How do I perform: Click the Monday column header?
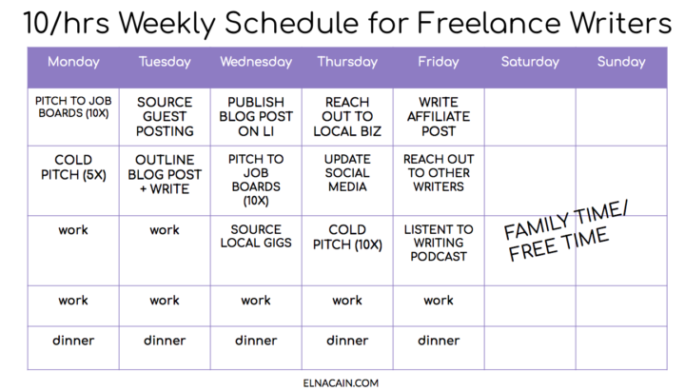point(73,62)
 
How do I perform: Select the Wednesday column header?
point(256,62)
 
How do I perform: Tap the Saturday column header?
point(530,62)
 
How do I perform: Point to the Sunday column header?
point(621,62)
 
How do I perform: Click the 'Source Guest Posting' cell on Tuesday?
point(165,117)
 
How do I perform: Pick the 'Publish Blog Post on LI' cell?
point(256,117)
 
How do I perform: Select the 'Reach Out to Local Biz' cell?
point(347,117)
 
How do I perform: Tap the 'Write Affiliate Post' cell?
point(439,117)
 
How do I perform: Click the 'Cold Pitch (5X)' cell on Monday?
point(73,167)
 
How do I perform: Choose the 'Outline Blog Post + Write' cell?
point(165,174)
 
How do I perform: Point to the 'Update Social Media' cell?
point(347,173)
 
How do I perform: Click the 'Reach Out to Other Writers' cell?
point(439,173)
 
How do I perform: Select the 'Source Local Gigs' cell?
point(256,236)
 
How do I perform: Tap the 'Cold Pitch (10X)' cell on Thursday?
point(347,237)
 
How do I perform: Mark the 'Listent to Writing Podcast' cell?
point(439,243)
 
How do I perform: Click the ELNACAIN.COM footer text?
point(341,383)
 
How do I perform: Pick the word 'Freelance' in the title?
point(488,23)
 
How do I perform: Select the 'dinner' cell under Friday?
point(439,341)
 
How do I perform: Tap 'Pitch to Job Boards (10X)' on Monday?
point(73,108)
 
